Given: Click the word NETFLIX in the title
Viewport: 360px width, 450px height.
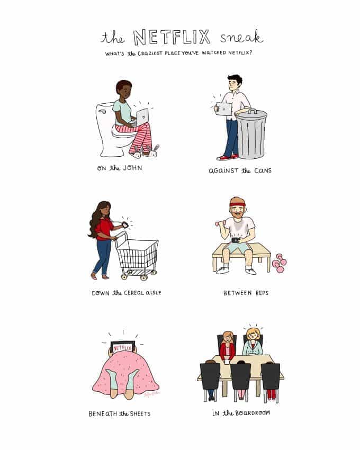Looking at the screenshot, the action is coord(172,37).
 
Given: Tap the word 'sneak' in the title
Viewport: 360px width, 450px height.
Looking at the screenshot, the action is coord(241,37).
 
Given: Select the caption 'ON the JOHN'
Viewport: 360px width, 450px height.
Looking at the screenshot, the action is coord(120,168).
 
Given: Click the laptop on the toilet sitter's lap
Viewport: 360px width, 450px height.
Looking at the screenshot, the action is coord(142,117).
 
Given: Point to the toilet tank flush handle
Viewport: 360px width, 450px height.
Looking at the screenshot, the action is coord(102,111).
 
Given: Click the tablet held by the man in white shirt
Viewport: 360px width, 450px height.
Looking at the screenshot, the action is coord(223,109).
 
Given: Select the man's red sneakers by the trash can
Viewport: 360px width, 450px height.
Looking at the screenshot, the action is coord(227,157).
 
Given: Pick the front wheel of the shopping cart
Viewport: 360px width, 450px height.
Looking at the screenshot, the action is coord(143,277).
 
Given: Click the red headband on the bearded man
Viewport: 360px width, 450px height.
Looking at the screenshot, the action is coord(237,204).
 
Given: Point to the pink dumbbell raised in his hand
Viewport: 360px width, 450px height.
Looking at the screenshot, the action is coord(220,223).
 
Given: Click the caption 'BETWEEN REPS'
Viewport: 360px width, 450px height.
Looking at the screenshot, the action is coord(246,293).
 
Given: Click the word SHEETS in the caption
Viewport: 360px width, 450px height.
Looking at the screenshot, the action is coord(140,413).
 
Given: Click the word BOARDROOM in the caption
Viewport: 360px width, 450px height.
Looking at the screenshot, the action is coord(253,413).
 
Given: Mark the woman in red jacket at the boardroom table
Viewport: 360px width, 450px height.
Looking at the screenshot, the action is coord(228,345).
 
